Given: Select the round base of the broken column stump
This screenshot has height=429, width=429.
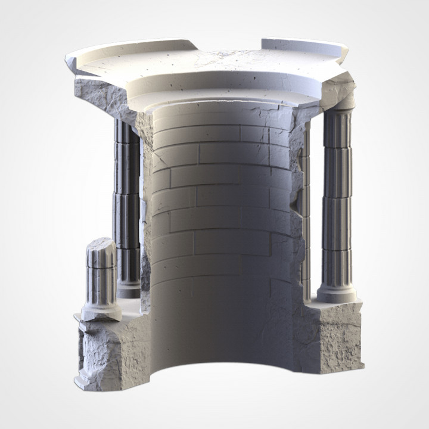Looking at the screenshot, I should pos(101,311).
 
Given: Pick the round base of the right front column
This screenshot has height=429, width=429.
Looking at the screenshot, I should pos(337,294).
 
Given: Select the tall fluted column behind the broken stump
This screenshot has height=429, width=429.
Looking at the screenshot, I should pos(126,197).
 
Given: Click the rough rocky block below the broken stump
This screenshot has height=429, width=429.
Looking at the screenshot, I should pos(104,352).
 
